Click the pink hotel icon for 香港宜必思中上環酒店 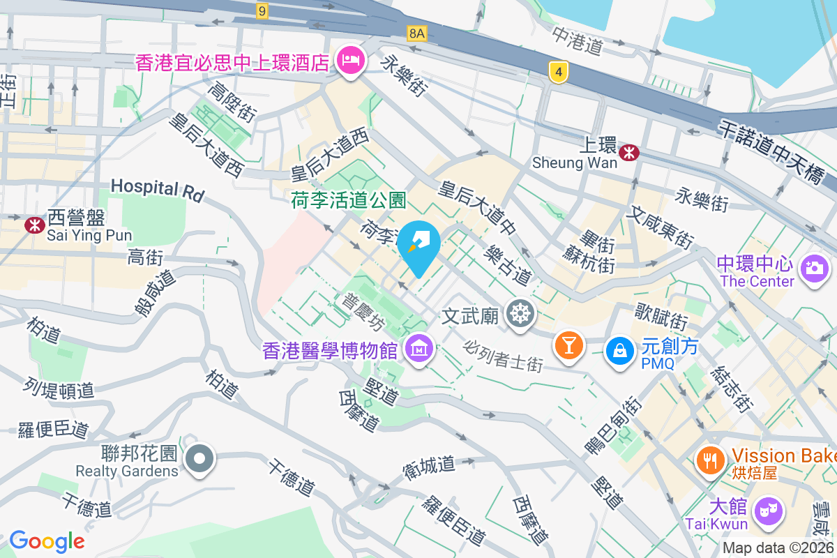[x=349, y=61]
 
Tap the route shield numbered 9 [x=262, y=10]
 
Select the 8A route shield [x=416, y=33]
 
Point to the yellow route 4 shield [x=556, y=72]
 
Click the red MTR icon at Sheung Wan [x=629, y=152]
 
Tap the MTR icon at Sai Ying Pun [x=33, y=225]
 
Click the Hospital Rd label [x=157, y=189]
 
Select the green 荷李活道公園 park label [x=348, y=201]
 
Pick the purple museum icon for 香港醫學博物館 [x=419, y=346]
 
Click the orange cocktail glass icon [x=568, y=345]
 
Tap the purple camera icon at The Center [x=814, y=267]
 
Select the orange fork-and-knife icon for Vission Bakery [x=710, y=460]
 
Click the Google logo [x=47, y=541]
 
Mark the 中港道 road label [x=577, y=41]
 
